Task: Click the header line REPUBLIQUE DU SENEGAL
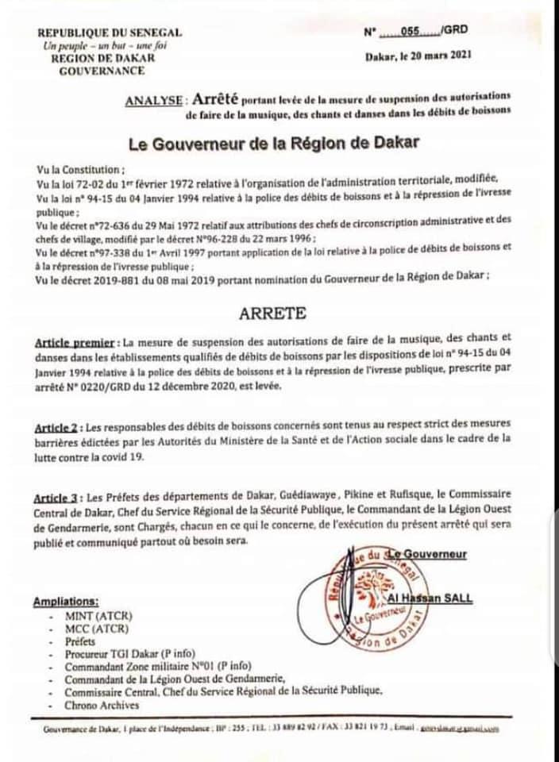tap(109, 33)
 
